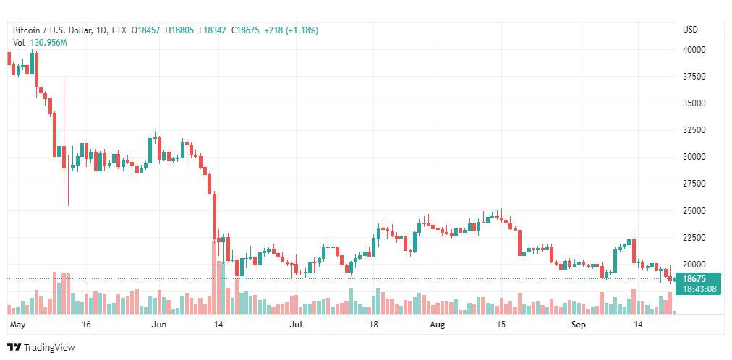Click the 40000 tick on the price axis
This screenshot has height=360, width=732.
pos(694,49)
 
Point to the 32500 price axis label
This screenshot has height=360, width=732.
pos(694,129)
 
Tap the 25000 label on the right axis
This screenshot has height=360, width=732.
pos(694,211)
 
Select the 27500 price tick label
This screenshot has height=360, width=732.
pos(694,184)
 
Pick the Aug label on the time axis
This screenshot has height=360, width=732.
pos(438,325)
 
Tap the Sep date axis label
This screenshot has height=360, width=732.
pos(579,325)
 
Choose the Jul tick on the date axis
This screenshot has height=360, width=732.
pos(296,325)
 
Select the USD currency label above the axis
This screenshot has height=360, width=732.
pos(691,30)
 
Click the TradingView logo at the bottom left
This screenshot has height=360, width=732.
pos(41,347)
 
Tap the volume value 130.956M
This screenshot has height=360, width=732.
pos(48,43)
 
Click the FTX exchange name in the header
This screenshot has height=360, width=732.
pos(119,30)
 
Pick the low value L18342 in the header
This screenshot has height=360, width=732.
pos(213,30)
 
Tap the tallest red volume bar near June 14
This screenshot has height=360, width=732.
pos(214,277)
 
